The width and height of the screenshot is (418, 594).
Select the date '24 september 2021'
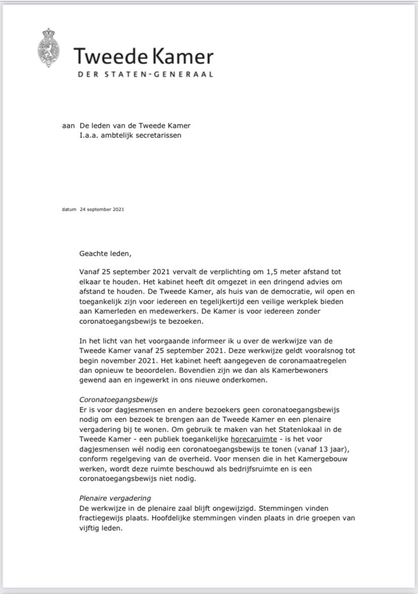pyautogui.click(x=101, y=208)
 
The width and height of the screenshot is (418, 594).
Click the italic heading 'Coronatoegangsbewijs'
pyautogui.click(x=119, y=399)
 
